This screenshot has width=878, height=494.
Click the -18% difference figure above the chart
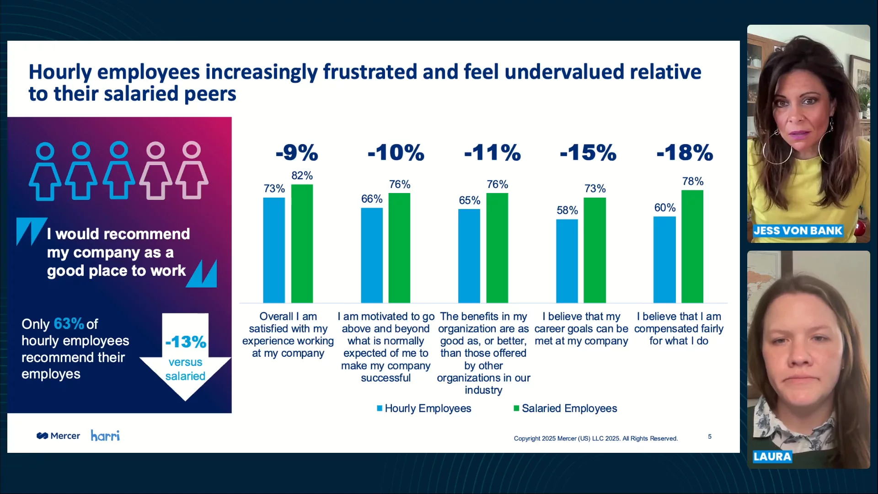[x=685, y=152]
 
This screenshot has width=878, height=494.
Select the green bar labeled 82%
[x=302, y=243]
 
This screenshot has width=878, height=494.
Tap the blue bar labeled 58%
[x=567, y=261]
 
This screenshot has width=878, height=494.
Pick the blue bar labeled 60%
[x=664, y=259]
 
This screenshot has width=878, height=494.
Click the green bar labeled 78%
[x=692, y=247]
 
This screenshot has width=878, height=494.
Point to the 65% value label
[x=469, y=200]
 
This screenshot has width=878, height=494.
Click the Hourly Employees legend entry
[x=424, y=408]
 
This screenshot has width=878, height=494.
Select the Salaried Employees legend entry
[x=565, y=408]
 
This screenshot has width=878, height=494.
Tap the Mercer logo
[x=58, y=436]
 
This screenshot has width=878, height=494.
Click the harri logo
[x=105, y=435]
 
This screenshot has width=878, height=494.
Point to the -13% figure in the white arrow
[x=186, y=342]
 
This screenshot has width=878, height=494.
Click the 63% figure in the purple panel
[x=69, y=324]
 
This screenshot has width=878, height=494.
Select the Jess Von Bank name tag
[x=798, y=231]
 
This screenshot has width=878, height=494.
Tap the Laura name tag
[x=772, y=456]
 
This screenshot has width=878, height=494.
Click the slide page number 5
[x=710, y=436]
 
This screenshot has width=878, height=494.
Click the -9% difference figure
[x=297, y=152]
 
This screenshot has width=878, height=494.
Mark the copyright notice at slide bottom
[x=596, y=438]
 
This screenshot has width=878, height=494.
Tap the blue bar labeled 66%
[x=372, y=255]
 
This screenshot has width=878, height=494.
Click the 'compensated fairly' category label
[x=679, y=329]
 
